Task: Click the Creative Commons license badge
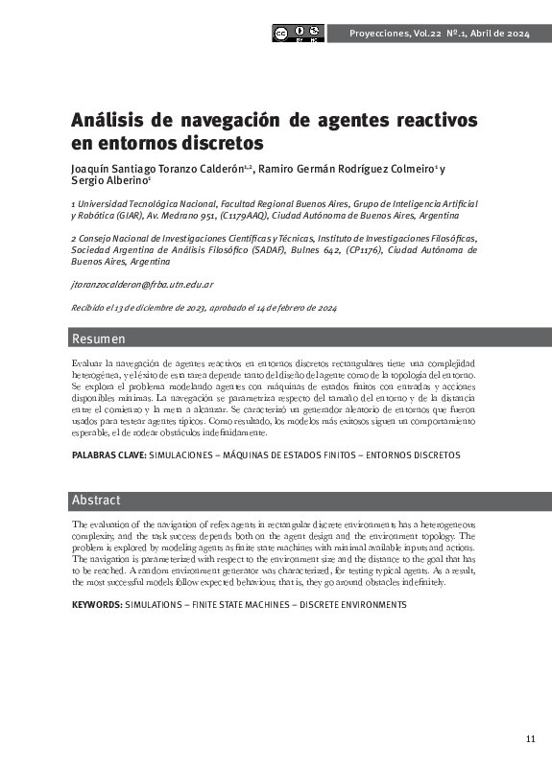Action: coord(299,34)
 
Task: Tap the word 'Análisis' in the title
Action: coord(107,122)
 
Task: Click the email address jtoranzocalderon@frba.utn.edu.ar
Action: coord(142,285)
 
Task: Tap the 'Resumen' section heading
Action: coord(99,339)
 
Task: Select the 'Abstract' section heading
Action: coord(96,500)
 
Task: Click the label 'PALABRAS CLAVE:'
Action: coord(109,454)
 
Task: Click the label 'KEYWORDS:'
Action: coord(97,605)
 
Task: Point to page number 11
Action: coord(531,737)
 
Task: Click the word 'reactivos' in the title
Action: coord(429,122)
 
